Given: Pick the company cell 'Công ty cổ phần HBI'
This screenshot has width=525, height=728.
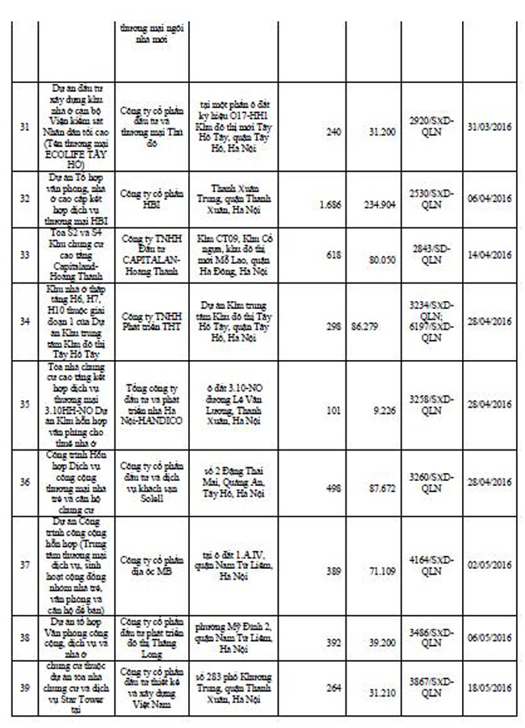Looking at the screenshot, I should click(153, 199).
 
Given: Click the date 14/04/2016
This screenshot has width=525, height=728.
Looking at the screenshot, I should click(490, 254).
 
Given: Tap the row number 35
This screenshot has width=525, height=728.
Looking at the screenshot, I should click(25, 403).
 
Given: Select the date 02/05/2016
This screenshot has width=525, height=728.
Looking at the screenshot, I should click(490, 565).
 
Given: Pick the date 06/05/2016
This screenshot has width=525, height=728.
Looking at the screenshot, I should click(490, 638).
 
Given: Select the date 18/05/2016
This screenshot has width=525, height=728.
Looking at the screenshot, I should click(490, 688).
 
